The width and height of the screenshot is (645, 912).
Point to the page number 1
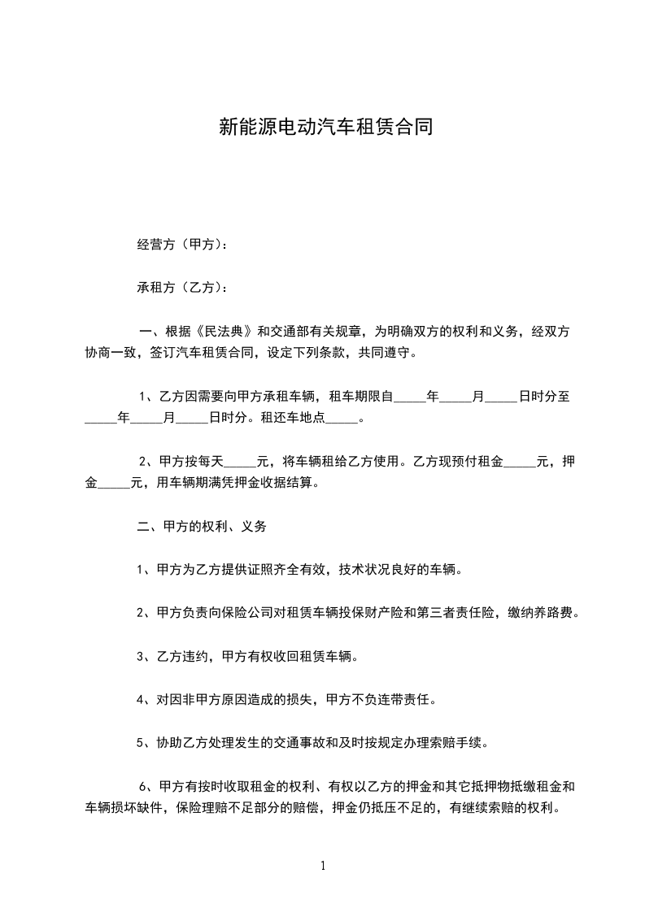pos(323,866)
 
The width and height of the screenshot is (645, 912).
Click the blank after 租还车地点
pos(346,419)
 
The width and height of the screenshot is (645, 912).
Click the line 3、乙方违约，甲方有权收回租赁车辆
pos(247,655)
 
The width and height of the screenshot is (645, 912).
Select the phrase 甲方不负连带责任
pos(394,698)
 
